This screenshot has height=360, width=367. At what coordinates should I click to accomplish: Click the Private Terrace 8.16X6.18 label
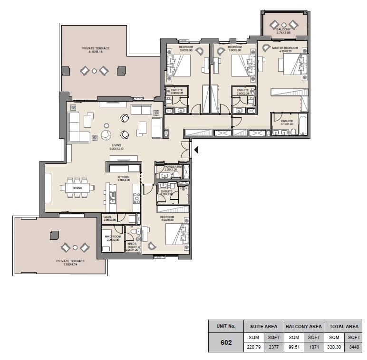pyautogui.click(x=95, y=50)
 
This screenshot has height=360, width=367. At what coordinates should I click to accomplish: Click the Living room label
pyautogui.click(x=116, y=147)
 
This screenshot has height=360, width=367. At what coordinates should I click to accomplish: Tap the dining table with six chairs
pyautogui.click(x=77, y=188)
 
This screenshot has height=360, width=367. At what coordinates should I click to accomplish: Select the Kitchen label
pyautogui.click(x=124, y=177)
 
